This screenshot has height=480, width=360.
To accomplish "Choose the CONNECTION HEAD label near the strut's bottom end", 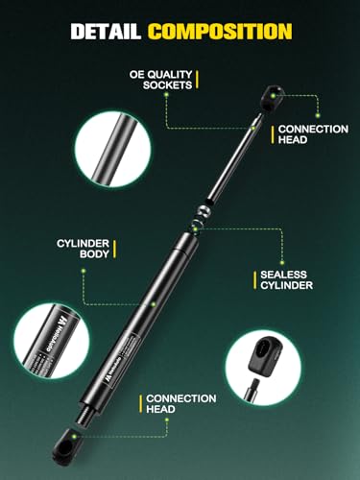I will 181,403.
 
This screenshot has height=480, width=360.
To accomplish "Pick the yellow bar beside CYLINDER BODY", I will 116,249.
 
